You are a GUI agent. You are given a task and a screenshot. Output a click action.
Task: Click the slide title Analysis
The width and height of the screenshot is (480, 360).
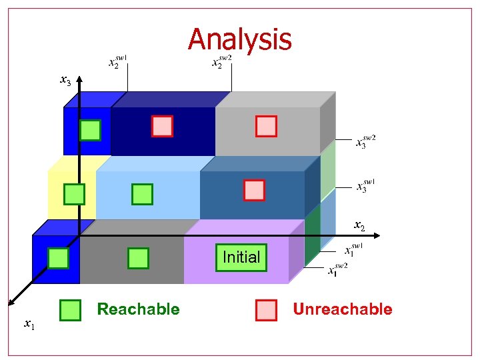(x=240, y=39)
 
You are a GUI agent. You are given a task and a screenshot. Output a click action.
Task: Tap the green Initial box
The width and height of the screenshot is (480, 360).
(x=241, y=257)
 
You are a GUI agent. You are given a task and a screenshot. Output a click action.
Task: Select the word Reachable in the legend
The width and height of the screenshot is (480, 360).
(x=138, y=309)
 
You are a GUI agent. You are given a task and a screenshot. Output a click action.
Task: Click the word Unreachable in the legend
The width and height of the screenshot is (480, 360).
(x=343, y=309)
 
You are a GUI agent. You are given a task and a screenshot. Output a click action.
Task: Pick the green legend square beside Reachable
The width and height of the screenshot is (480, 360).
(x=70, y=310)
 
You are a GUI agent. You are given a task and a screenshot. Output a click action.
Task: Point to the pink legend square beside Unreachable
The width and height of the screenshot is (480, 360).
(x=266, y=310)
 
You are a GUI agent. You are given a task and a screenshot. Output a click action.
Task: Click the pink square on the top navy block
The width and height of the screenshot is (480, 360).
(x=162, y=126)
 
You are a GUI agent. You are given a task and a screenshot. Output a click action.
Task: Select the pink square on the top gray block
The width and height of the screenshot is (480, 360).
(x=266, y=126)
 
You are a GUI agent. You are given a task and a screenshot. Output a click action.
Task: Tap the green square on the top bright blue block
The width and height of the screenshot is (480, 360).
(x=90, y=130)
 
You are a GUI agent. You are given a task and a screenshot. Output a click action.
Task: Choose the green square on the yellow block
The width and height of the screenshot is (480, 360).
(x=74, y=194)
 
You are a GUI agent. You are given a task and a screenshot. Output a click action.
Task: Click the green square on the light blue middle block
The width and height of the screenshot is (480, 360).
(x=142, y=194)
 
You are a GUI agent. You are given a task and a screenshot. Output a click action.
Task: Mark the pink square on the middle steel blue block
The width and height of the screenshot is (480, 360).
(x=254, y=190)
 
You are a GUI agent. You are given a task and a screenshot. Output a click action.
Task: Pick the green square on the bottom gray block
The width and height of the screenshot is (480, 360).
(x=137, y=257)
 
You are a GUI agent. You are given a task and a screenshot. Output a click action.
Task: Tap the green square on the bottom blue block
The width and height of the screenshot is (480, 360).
(x=58, y=257)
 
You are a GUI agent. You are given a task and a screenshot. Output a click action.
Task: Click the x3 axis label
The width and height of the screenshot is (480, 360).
(x=65, y=81)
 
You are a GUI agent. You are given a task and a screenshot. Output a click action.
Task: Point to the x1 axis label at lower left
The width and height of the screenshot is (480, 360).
(x=30, y=325)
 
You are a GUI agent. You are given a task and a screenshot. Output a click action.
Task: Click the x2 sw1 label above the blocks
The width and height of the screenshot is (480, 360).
(x=117, y=62)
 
